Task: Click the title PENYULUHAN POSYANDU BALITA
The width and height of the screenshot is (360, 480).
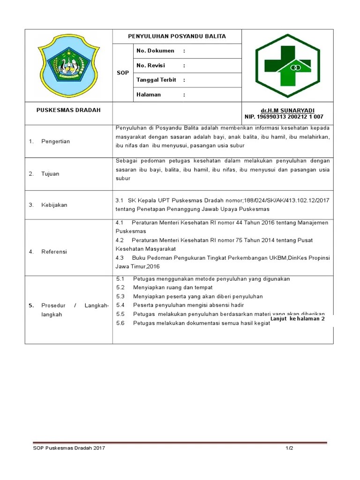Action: [x=177, y=36]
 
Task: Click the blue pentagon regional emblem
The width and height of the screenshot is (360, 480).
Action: [x=68, y=65]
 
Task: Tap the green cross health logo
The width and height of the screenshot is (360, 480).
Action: [x=287, y=66]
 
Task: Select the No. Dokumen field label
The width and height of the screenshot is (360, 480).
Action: [x=155, y=51]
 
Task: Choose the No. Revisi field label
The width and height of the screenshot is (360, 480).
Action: [x=150, y=65]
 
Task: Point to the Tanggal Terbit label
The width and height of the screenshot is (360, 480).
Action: [x=156, y=80]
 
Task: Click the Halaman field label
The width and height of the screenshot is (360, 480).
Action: [x=149, y=94]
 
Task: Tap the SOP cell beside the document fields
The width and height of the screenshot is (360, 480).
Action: [x=122, y=73]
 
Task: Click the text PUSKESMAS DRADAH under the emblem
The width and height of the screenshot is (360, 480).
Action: [x=68, y=110]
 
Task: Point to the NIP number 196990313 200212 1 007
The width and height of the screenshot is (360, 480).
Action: [x=284, y=117]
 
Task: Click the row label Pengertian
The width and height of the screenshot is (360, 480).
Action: [x=55, y=141]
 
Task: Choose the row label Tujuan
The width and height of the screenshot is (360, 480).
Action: [x=50, y=173]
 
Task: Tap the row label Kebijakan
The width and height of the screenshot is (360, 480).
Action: [x=54, y=205]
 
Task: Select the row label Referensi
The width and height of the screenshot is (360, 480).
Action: [x=54, y=251]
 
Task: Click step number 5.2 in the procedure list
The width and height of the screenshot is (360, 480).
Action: [x=120, y=287]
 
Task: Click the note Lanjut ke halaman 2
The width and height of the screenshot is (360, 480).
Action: [x=297, y=319]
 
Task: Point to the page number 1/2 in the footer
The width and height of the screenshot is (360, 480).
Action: [x=290, y=448]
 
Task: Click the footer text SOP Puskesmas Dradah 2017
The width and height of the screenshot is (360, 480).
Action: [x=69, y=448]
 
